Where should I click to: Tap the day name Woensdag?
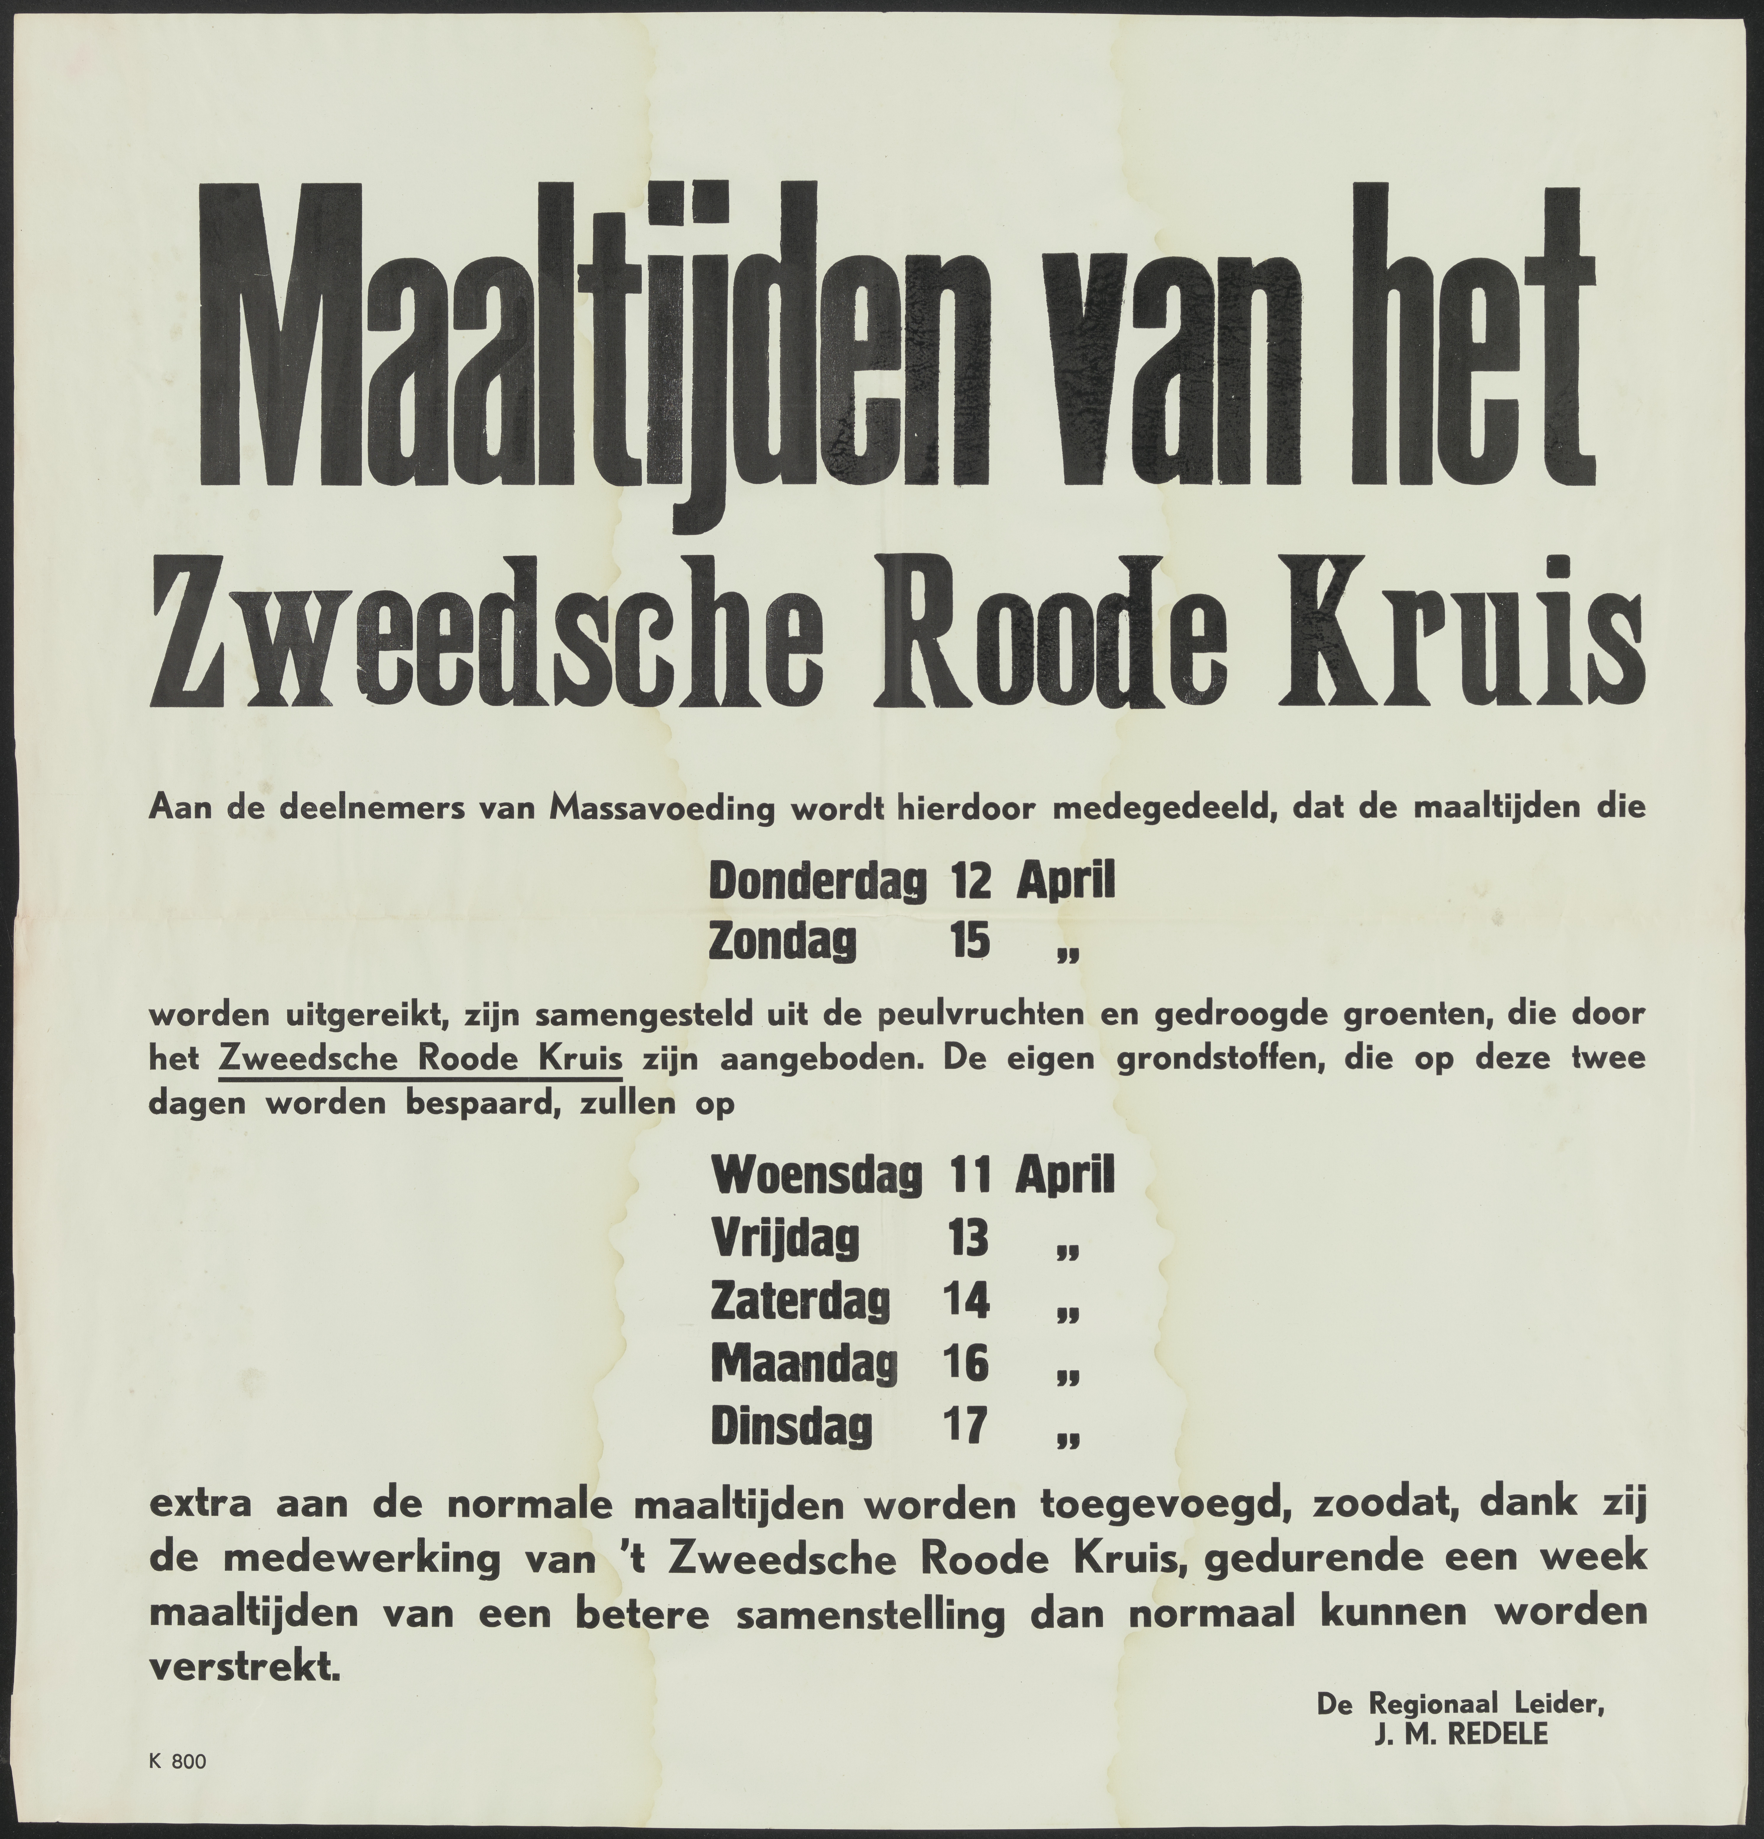coord(816,1177)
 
